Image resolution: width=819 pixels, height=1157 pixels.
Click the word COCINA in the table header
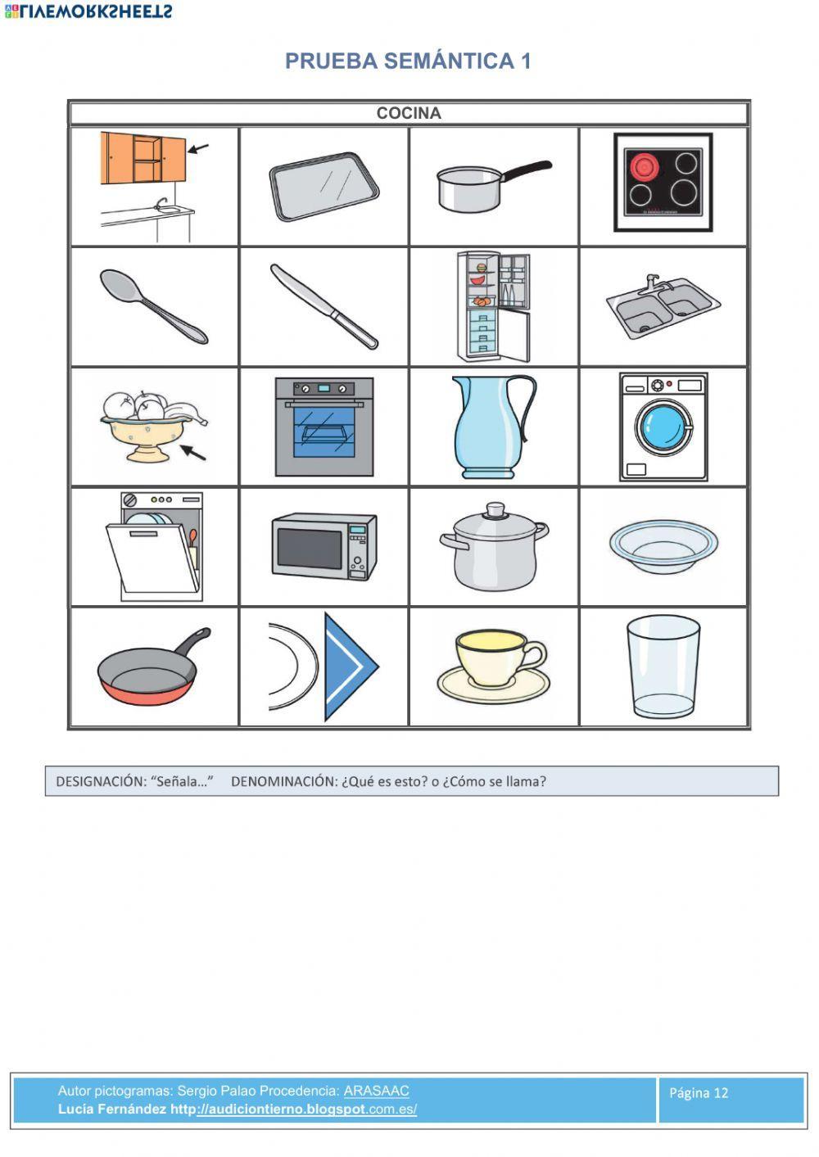pyautogui.click(x=408, y=113)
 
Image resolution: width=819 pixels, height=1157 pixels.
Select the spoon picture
pyautogui.click(x=153, y=305)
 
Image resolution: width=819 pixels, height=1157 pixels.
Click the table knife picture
pyautogui.click(x=324, y=306)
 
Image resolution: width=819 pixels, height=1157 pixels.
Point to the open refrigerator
pyautogui.click(x=493, y=305)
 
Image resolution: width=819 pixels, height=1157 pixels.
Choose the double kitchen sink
pyautogui.click(x=663, y=307)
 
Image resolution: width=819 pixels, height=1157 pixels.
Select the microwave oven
pyautogui.click(x=324, y=546)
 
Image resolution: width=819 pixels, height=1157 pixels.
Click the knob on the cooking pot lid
pyautogui.click(x=494, y=511)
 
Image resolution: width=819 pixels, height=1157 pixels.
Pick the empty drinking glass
pyautogui.click(x=663, y=667)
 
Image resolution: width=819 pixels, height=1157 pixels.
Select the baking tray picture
pyautogui.click(x=324, y=187)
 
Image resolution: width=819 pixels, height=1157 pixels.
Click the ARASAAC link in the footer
pyautogui.click(x=376, y=1091)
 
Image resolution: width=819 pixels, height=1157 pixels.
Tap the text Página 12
pyautogui.click(x=699, y=1092)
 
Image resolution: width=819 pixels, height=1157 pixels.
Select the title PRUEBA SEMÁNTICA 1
pyautogui.click(x=408, y=61)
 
